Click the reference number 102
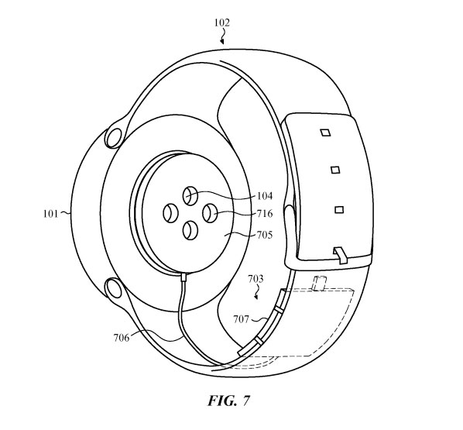click(x=222, y=23)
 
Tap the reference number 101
click(x=50, y=213)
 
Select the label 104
click(x=265, y=196)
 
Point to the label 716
click(x=265, y=213)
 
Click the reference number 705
click(x=265, y=235)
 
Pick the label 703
click(x=256, y=279)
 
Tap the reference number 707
click(x=241, y=319)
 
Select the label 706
click(x=122, y=337)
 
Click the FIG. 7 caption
click(x=229, y=401)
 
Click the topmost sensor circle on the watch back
click(x=190, y=196)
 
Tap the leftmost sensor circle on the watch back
click(x=170, y=213)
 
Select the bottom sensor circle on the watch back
click(x=190, y=231)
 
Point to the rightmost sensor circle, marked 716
click(x=210, y=213)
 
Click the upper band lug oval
click(x=114, y=138)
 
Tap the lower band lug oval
click(x=113, y=288)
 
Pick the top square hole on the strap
click(x=325, y=132)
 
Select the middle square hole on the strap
click(x=335, y=170)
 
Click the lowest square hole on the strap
click(x=339, y=209)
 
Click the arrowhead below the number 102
click(x=222, y=42)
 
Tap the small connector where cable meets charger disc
click(x=183, y=277)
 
